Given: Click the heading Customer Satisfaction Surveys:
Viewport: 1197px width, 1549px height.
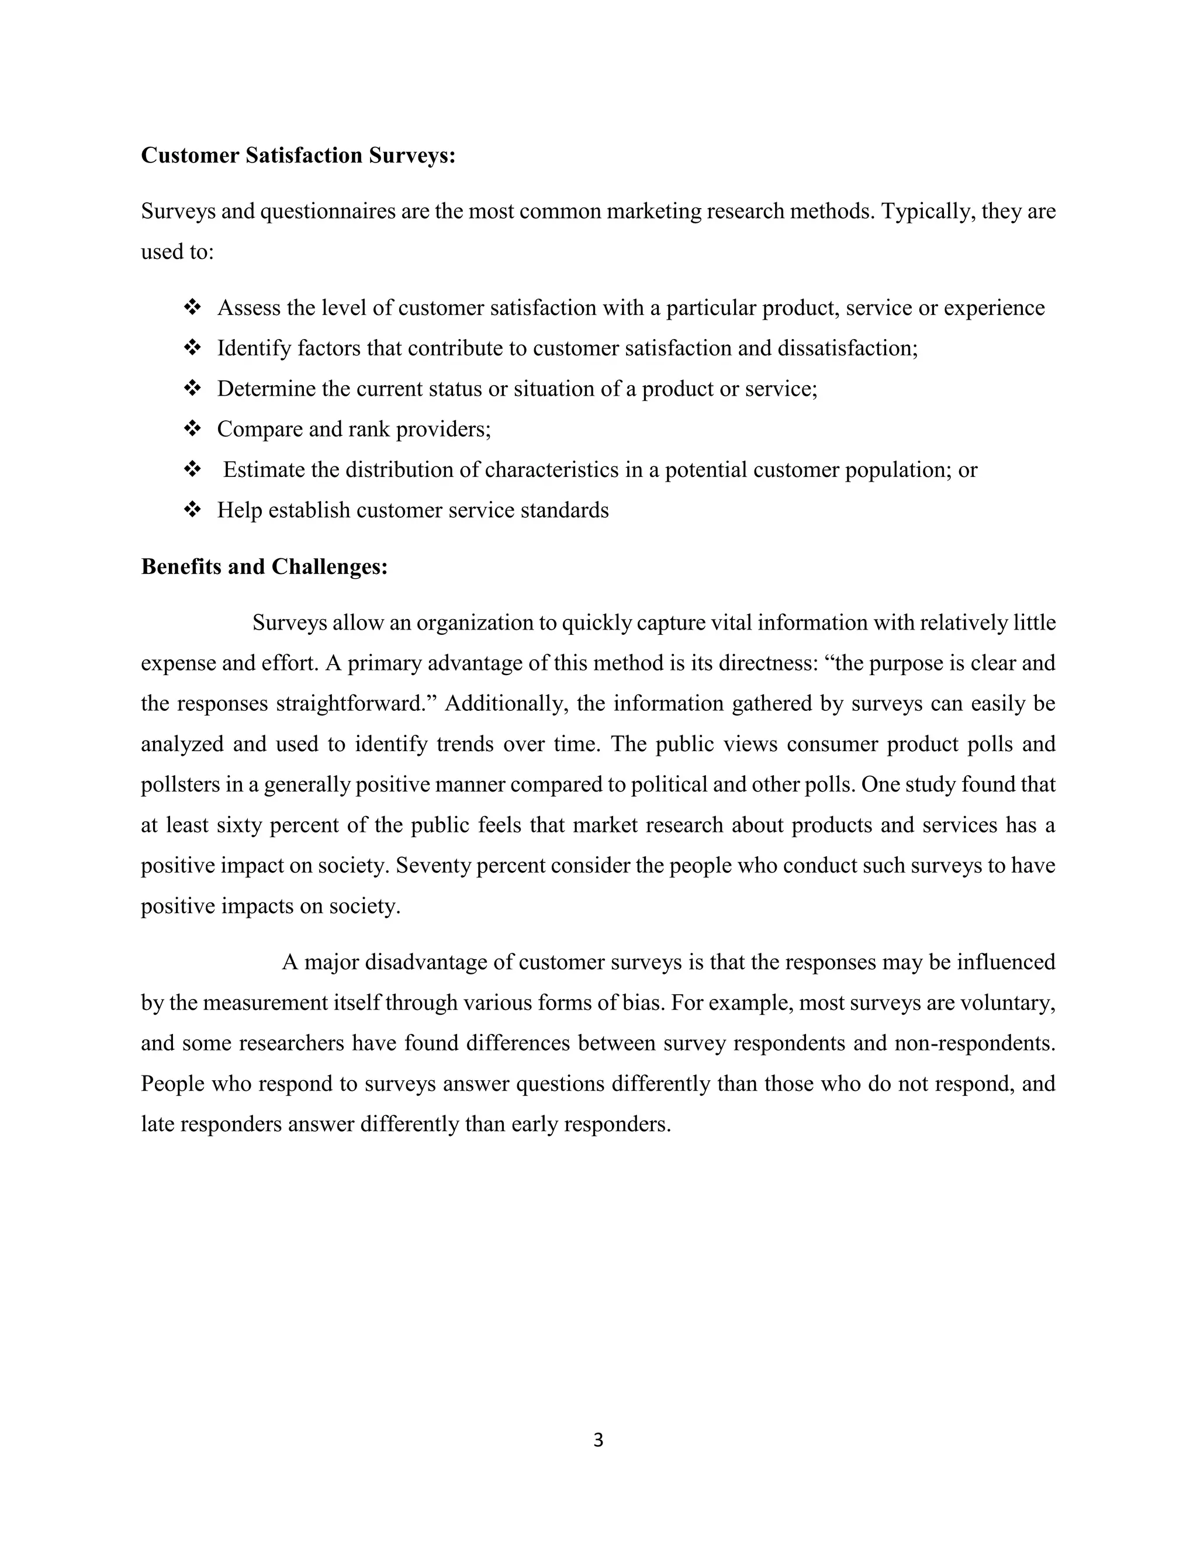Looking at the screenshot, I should click(298, 155).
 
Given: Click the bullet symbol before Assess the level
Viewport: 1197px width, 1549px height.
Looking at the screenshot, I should click(192, 308).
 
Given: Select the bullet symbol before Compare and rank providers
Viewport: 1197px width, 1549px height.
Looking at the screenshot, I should click(192, 429).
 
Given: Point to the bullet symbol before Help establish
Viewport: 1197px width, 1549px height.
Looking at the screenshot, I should click(192, 510).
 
